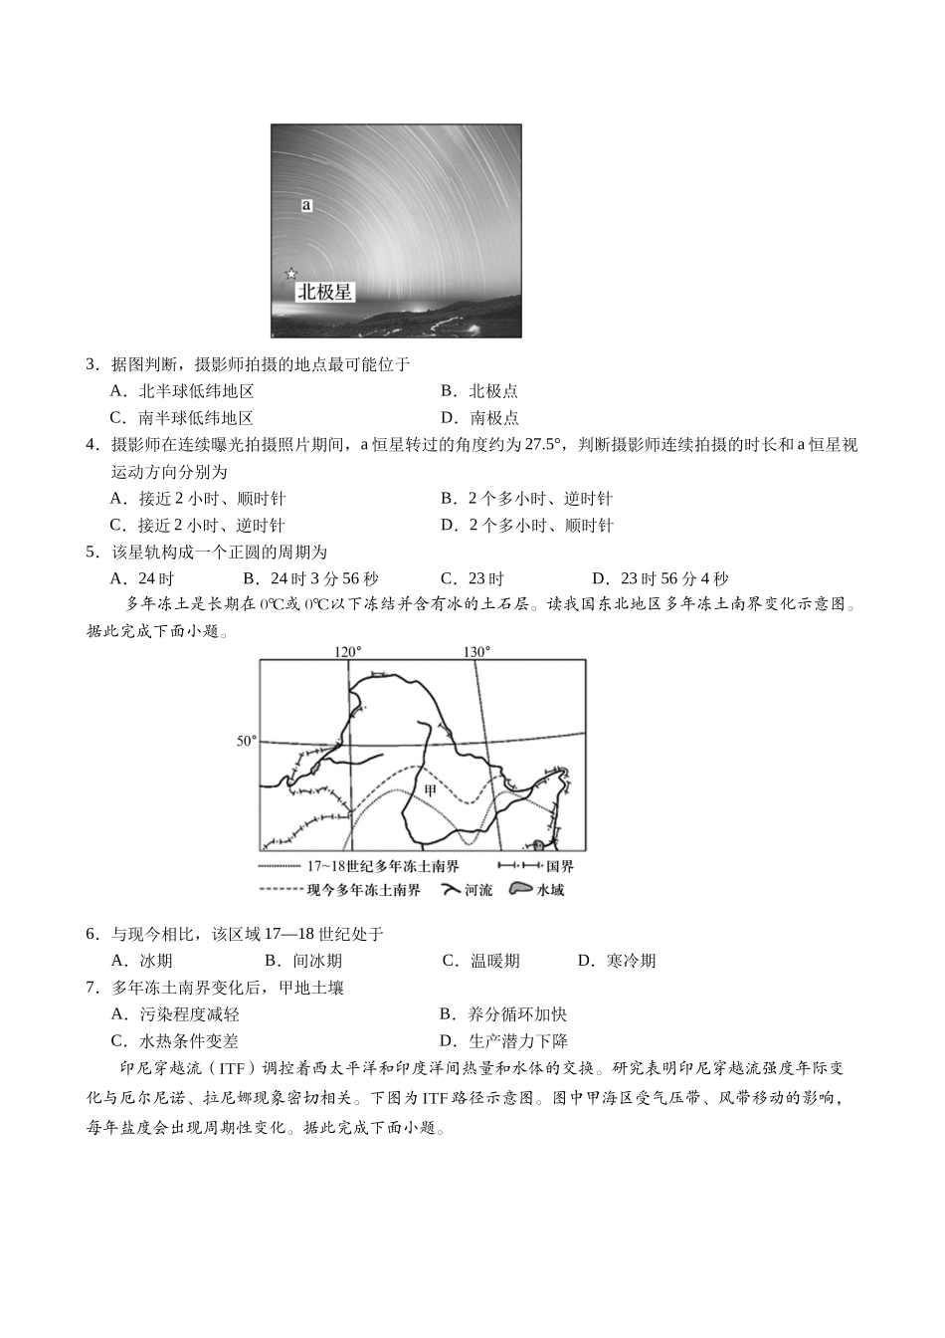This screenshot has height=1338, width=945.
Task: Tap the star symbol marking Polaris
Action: tap(290, 274)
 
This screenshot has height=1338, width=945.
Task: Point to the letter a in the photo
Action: tap(306, 205)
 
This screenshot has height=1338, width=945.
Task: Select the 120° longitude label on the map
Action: tap(347, 652)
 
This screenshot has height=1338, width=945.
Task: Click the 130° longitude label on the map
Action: tap(475, 652)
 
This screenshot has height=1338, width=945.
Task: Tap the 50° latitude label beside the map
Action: tap(246, 741)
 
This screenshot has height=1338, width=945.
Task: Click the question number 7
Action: tap(92, 988)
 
